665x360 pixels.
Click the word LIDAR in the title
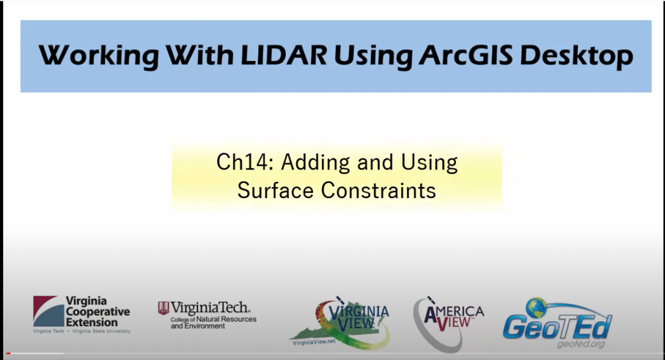tap(283, 55)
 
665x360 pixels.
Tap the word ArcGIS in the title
tap(466, 55)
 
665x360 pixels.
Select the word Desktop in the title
tap(577, 56)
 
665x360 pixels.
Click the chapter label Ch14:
tap(245, 162)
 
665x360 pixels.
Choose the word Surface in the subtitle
tap(275, 190)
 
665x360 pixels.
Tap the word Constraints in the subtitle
tap(379, 190)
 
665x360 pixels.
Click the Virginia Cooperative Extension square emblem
tap(48, 311)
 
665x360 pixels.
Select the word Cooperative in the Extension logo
tap(98, 312)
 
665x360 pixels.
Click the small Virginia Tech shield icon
tap(163, 308)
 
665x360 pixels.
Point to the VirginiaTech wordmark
tap(210, 307)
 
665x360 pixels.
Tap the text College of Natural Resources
tap(213, 319)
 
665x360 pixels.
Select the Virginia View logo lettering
tap(358, 316)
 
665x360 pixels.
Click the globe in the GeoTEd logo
tap(536, 308)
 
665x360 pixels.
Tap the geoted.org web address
tap(581, 344)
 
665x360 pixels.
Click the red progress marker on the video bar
tap(8, 354)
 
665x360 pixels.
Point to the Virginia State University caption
tap(101, 331)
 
